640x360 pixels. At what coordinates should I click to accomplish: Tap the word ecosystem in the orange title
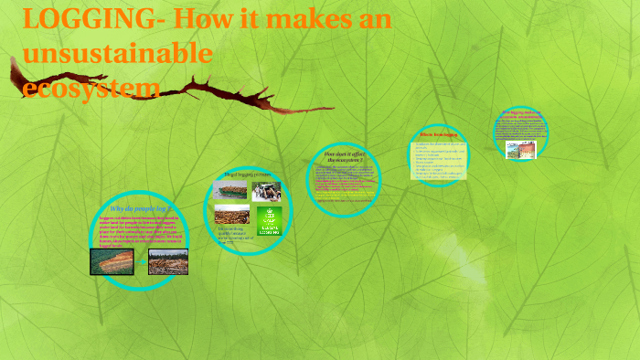[x=91, y=88]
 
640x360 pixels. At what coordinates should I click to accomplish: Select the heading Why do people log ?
[x=134, y=209]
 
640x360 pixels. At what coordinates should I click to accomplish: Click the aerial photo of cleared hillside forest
[x=111, y=261]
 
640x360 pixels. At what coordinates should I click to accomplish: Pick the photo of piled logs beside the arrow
[x=167, y=261]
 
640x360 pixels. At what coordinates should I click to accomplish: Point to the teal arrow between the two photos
[x=140, y=262]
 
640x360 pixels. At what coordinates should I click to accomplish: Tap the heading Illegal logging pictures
[x=248, y=174]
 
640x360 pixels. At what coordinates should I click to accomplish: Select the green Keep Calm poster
[x=270, y=220]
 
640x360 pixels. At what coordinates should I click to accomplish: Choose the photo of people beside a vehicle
[x=267, y=190]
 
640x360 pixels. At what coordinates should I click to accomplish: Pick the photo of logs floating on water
[x=230, y=216]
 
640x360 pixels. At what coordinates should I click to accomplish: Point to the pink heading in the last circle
[x=522, y=115]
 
